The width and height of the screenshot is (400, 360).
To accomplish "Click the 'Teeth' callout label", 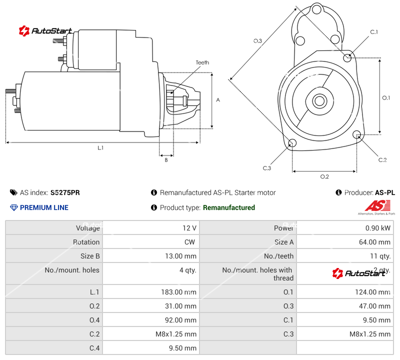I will [202, 62].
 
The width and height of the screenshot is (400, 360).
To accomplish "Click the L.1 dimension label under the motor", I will [100, 148].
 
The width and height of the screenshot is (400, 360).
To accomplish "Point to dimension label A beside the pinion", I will [218, 100].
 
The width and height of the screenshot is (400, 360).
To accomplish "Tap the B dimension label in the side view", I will [166, 160].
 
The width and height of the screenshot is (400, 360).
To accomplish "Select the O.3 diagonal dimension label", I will [257, 41].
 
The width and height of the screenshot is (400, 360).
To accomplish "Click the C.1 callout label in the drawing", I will [373, 32].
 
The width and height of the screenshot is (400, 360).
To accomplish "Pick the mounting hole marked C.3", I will [292, 144].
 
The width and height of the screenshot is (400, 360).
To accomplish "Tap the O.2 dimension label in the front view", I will [324, 176].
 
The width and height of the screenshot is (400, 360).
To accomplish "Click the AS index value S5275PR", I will [65, 192].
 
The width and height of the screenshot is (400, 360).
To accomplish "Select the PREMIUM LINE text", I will [44, 207].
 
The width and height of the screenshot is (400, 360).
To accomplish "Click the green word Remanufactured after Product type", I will [228, 207].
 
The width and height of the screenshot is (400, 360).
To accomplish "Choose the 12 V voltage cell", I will [189, 228].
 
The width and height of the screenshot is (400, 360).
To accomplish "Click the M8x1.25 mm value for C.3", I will [369, 334].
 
